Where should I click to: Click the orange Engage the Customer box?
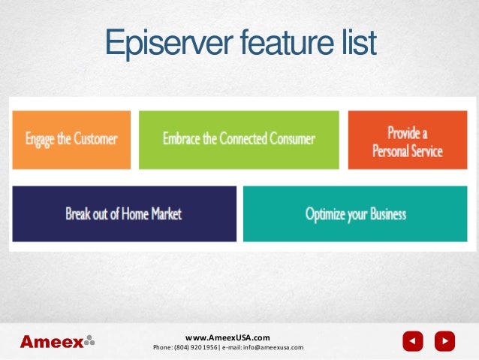[x=71, y=139]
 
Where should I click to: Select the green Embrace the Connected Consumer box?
[x=239, y=139]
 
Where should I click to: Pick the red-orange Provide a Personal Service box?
[x=408, y=139]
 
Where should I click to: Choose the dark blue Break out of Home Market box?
[x=124, y=213]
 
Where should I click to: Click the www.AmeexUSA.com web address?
[x=227, y=337]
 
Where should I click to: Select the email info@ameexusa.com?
[x=273, y=348]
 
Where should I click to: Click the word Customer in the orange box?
[x=95, y=139]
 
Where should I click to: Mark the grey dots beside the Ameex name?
[x=89, y=340]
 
